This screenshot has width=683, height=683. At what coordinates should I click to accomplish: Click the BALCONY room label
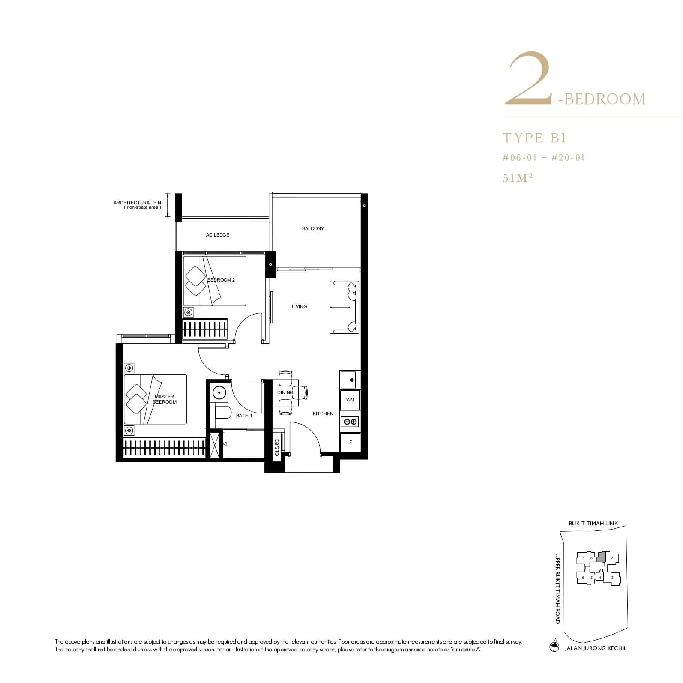[313, 228]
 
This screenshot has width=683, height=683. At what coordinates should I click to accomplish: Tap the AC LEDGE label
[217, 235]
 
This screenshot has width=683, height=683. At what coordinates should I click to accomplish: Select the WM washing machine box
[350, 400]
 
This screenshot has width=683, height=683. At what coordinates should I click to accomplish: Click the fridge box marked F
[350, 442]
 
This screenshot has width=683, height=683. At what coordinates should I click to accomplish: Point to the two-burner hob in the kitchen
[350, 422]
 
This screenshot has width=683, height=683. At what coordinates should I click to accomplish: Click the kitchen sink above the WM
[350, 380]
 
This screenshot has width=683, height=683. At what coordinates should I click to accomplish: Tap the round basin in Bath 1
[219, 392]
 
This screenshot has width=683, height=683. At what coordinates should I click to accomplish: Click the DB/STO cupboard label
[276, 447]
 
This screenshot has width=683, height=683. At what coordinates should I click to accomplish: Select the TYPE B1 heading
[534, 138]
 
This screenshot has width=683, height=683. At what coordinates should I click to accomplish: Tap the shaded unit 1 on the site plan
[602, 557]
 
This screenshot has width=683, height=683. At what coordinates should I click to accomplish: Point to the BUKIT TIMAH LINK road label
[593, 524]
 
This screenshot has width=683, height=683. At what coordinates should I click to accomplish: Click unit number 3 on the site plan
[612, 578]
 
